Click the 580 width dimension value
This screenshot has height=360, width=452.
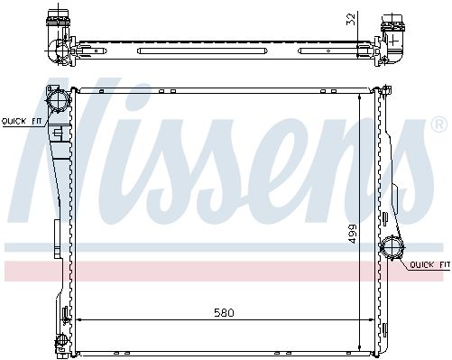(x=224, y=313)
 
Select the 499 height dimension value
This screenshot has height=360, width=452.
(x=352, y=234)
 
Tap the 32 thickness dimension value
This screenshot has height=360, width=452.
(x=351, y=18)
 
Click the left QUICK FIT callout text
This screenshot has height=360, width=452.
(x=22, y=122)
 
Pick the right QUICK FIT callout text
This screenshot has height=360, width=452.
(x=430, y=264)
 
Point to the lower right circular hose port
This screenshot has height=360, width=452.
(x=392, y=247)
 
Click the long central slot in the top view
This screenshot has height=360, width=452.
(x=201, y=51)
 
